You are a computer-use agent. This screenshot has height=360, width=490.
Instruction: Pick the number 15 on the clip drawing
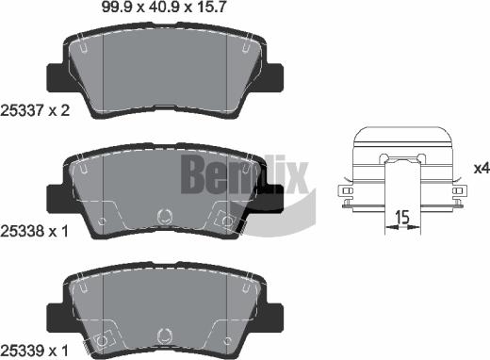pyautogui.click(x=401, y=218)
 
